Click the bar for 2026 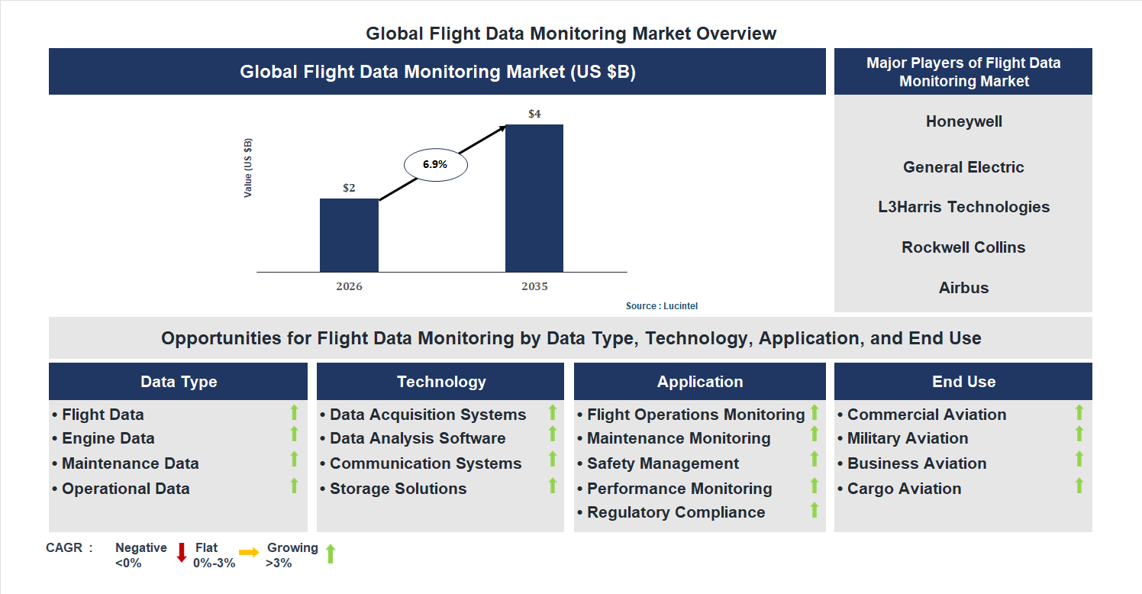349,235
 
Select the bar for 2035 534,199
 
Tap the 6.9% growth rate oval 435,164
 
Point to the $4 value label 534,115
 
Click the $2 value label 349,188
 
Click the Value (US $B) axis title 248,168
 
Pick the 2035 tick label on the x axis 534,287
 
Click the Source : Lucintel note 661,306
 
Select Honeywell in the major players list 963,121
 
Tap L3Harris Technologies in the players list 963,207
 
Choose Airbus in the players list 963,288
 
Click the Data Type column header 179,382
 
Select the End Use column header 963,382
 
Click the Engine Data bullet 108,438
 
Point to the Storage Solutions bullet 397,489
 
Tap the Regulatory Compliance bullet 676,512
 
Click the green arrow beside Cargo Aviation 1079,486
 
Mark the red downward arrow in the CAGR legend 182,553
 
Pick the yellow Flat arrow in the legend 249,552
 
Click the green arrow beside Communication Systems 553,460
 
